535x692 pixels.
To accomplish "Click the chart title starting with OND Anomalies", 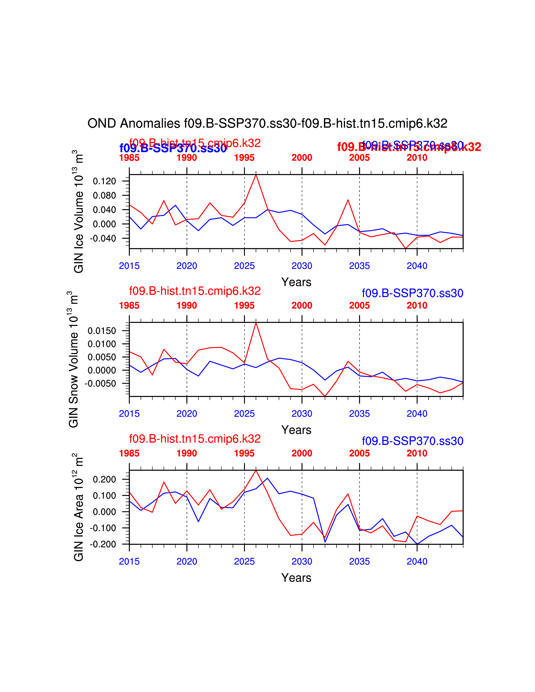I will pos(267,124).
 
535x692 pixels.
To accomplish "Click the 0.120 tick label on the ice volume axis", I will pos(104,181).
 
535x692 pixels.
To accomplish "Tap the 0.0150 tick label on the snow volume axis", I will pos(102,331).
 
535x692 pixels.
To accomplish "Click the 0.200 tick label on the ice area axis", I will pos(104,479).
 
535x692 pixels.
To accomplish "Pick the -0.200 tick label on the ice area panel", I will pos(103,544).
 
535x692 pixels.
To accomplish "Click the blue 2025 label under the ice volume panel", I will pos(244,266).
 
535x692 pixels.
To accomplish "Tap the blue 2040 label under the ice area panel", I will pos(417,561).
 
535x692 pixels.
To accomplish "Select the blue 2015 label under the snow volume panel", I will pos(129,414).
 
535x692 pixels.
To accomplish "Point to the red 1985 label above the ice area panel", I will pos(129,453).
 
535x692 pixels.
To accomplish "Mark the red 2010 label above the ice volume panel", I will pos(417,157).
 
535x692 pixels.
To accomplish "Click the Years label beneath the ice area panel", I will pos(296,578).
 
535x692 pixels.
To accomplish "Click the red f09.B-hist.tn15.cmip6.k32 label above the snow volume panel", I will pos(195,291).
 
